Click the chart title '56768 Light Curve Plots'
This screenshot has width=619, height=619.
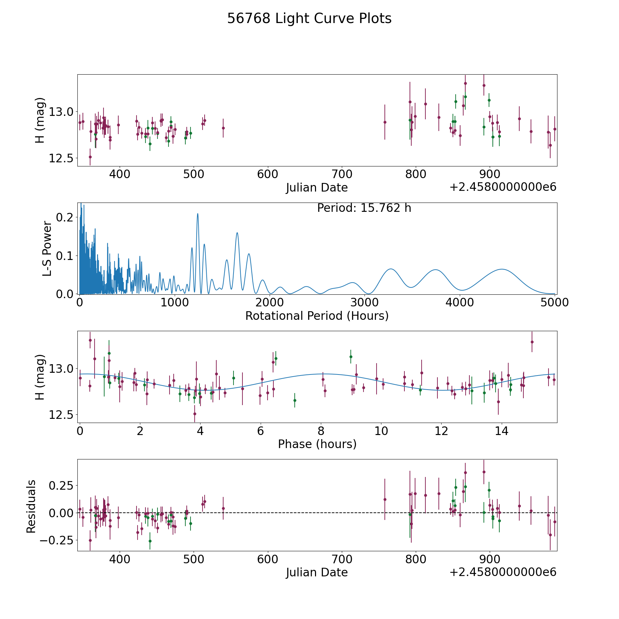[309, 19]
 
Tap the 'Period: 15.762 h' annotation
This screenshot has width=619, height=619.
[364, 208]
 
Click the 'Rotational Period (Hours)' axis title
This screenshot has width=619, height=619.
[317, 316]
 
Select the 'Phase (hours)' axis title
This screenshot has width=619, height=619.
[317, 444]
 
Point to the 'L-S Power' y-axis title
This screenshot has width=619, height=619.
[47, 248]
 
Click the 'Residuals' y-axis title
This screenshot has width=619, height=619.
[31, 507]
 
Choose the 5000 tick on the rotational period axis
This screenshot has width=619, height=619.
[555, 302]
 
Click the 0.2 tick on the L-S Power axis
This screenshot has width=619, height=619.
[64, 217]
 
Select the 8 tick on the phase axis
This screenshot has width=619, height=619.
[321, 431]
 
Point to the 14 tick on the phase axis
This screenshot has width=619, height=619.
[502, 431]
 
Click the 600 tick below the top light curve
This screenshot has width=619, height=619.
[268, 174]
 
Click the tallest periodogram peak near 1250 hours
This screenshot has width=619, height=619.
[197, 214]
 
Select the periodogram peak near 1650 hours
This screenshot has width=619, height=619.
[237, 233]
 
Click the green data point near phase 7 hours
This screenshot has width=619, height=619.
[295, 400]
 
